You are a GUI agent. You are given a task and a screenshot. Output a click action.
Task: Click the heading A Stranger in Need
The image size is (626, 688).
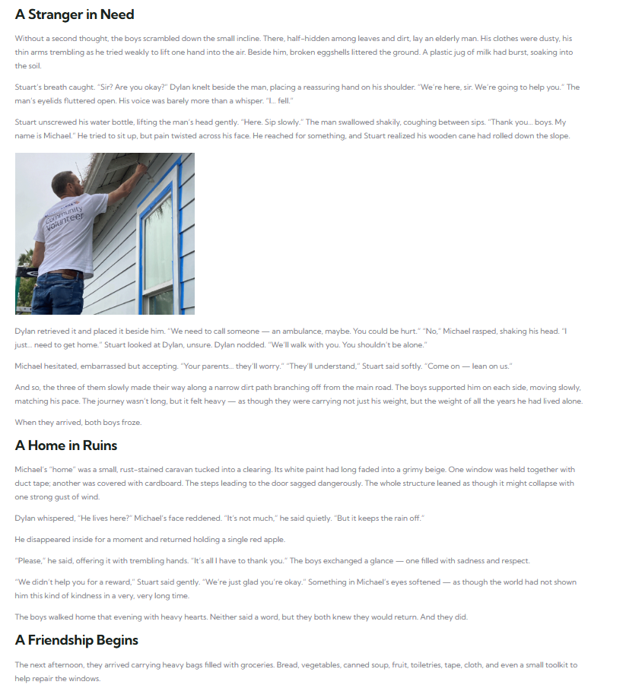pyautogui.click(x=75, y=14)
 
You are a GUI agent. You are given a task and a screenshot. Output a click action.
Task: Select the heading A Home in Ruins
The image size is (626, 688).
pyautogui.click(x=66, y=445)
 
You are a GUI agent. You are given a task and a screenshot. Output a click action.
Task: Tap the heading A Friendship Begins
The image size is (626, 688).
pyautogui.click(x=76, y=640)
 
